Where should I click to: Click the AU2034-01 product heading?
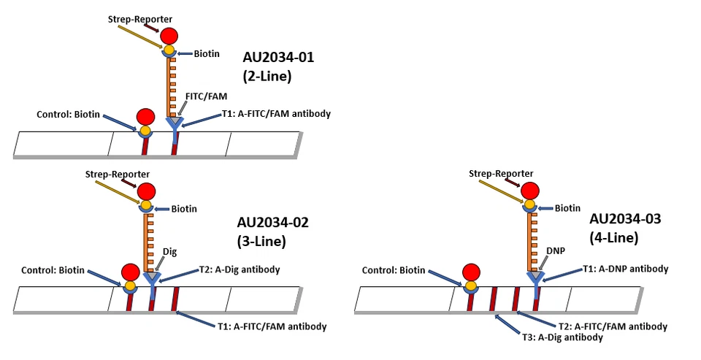278,58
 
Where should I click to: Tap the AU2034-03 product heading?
624,219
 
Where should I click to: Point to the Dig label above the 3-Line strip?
169,251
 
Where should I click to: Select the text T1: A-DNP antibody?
625,269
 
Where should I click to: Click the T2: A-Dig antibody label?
240,269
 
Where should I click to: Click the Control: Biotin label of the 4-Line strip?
395,269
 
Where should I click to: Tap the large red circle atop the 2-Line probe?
169,35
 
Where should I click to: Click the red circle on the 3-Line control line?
131,272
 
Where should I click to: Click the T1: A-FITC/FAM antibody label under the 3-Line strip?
272,326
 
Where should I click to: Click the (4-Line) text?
614,237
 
